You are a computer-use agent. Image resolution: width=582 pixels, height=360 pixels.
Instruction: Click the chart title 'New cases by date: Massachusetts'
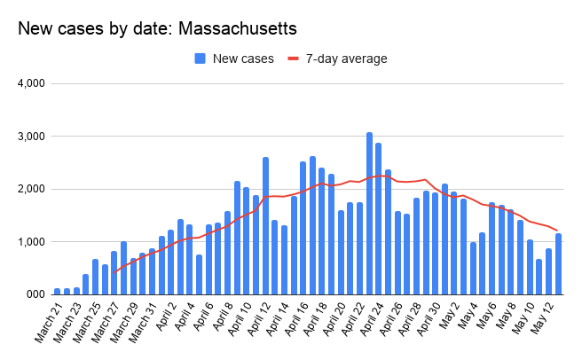pyautogui.click(x=157, y=29)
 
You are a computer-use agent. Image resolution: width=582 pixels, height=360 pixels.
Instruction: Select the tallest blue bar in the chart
pyautogui.click(x=369, y=213)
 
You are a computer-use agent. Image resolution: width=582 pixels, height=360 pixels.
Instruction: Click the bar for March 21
pyautogui.click(x=57, y=290)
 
